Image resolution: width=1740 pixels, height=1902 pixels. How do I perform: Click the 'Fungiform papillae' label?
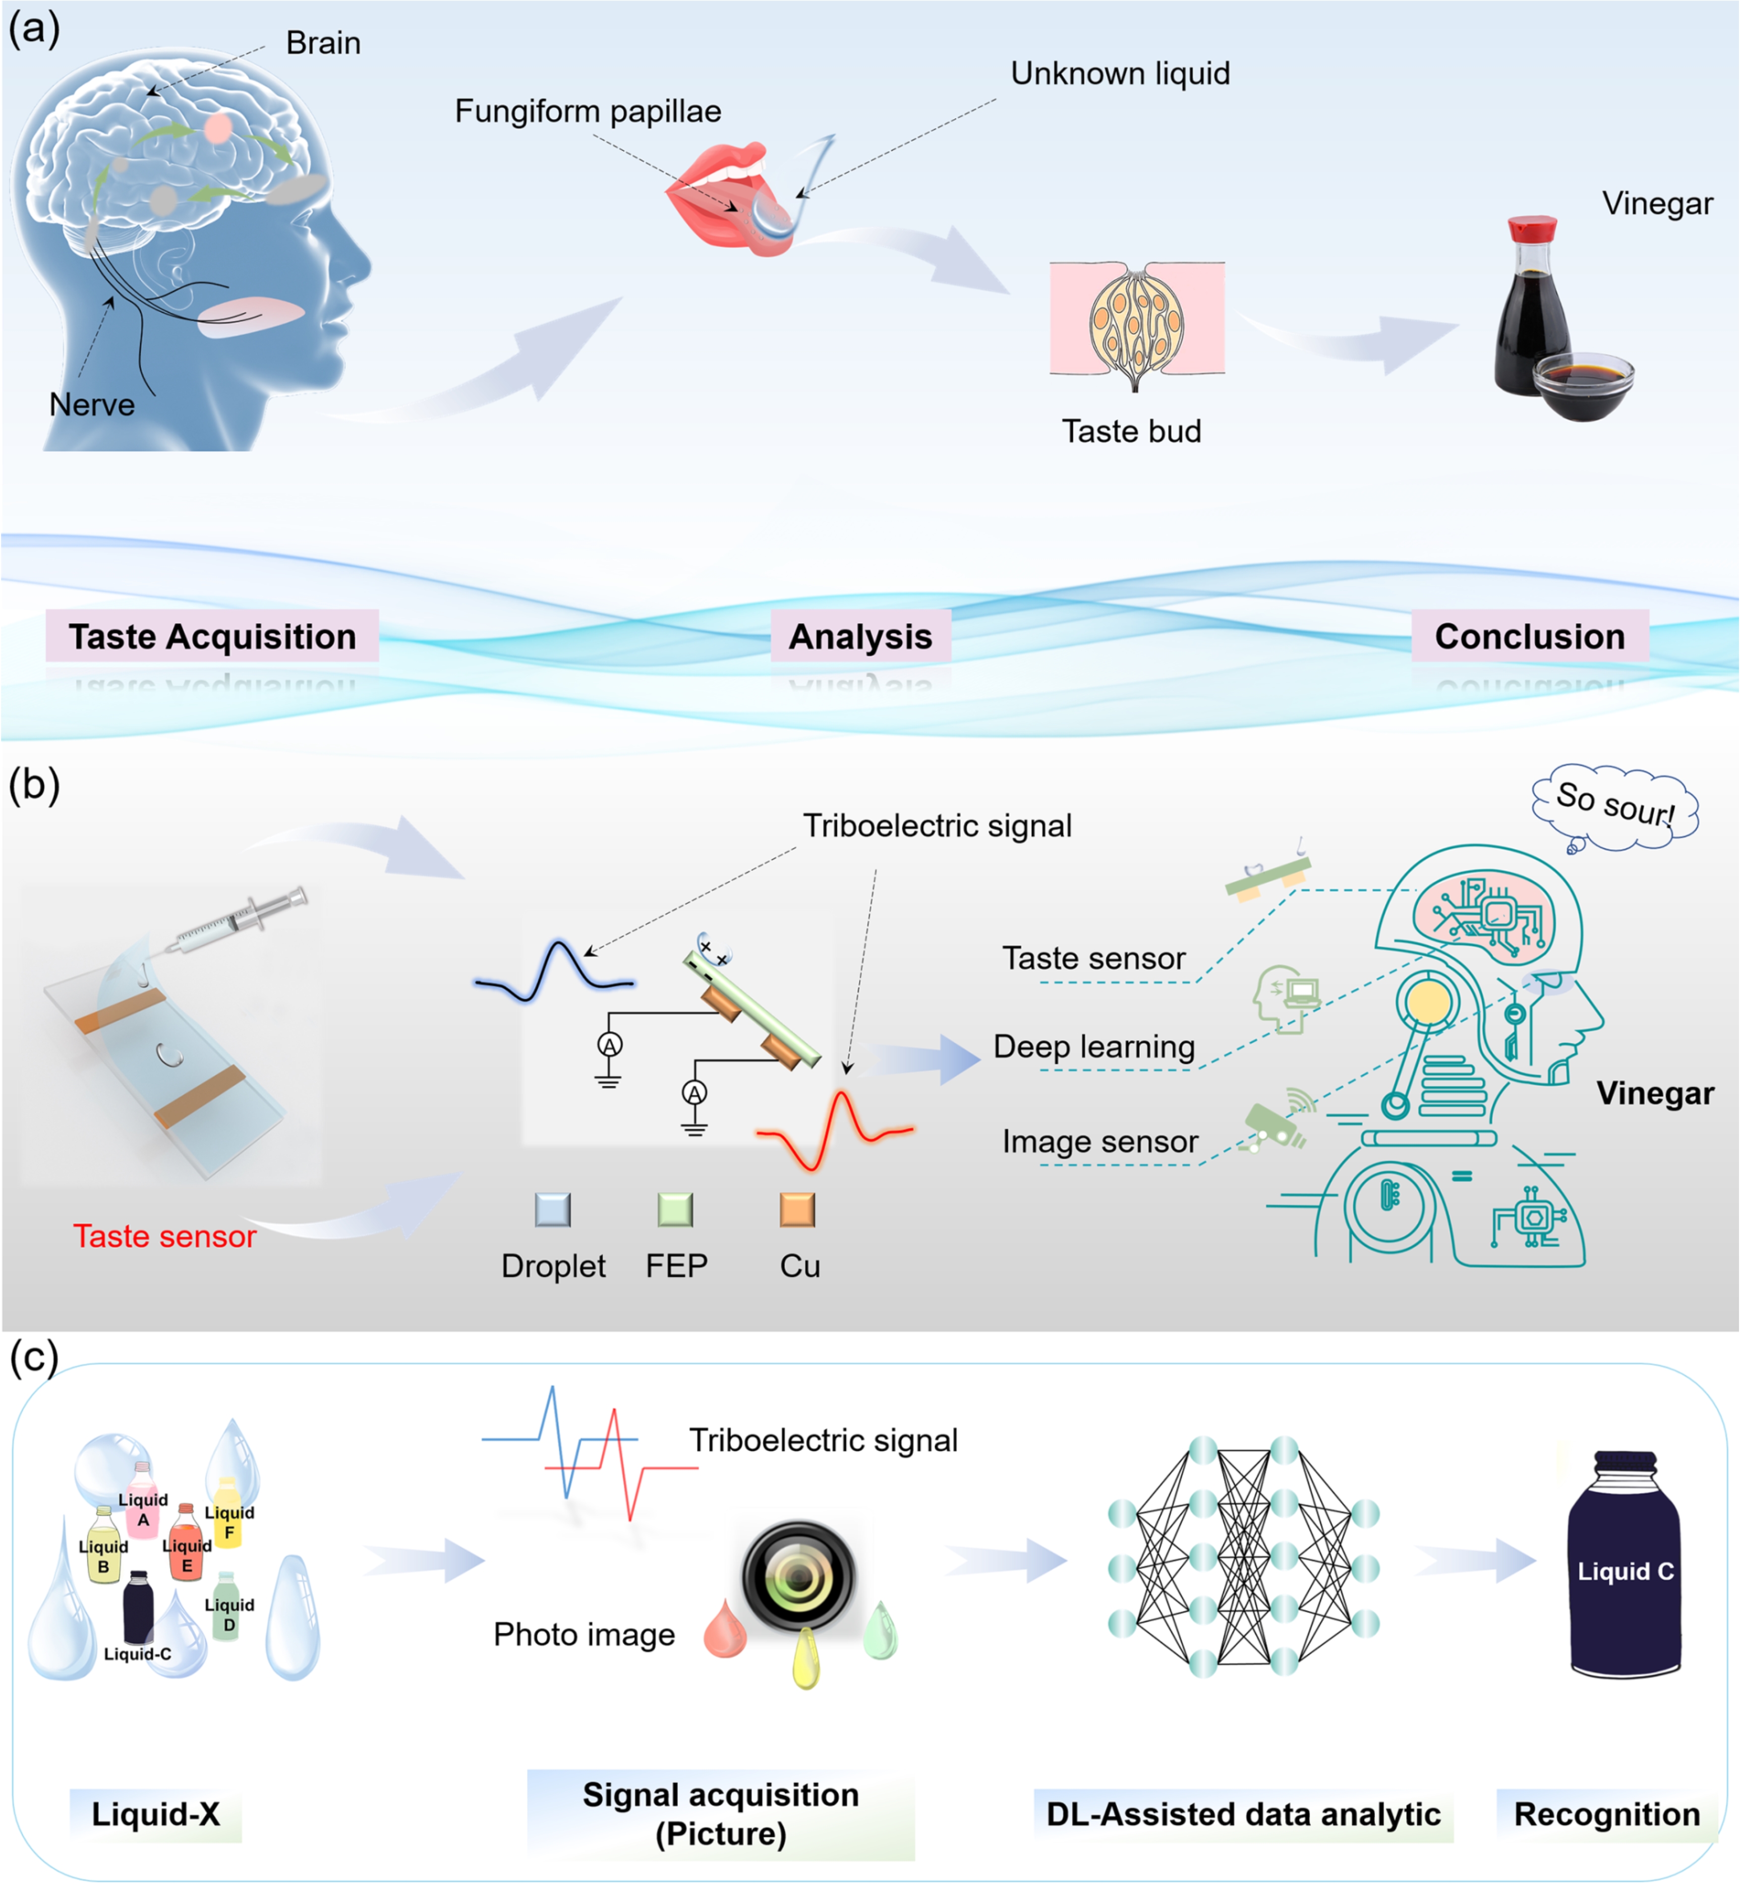(588, 111)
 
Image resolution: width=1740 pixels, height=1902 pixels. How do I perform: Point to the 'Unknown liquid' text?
(1120, 74)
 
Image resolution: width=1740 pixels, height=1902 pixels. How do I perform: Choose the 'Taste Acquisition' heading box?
(212, 637)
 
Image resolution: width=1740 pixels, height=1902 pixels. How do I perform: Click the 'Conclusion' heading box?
(1530, 637)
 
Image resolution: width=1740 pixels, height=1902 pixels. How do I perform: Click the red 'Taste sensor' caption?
(165, 1236)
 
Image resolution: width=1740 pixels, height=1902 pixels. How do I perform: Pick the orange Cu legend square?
(797, 1210)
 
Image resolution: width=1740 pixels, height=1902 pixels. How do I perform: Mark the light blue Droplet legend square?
(553, 1210)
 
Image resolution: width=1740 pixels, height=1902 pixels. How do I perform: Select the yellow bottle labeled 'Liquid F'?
(227, 1514)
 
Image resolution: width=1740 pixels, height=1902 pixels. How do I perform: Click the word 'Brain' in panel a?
(323, 43)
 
